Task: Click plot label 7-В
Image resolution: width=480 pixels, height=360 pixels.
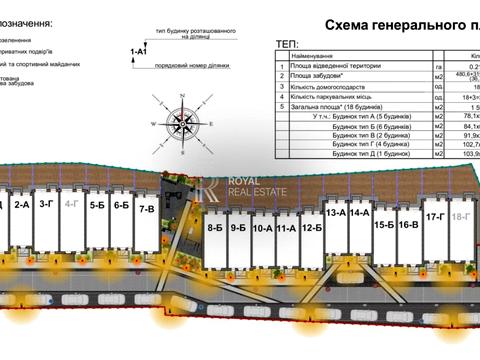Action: (x=146, y=209)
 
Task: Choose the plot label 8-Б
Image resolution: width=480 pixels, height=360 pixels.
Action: (x=215, y=228)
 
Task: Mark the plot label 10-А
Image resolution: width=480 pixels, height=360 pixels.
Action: (x=263, y=228)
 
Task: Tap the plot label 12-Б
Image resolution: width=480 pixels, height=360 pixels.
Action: (x=311, y=228)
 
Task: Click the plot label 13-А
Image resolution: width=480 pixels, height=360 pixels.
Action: (x=336, y=213)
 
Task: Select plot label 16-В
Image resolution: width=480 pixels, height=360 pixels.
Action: (x=408, y=226)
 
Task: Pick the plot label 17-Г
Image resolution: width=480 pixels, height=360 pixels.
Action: (x=435, y=216)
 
